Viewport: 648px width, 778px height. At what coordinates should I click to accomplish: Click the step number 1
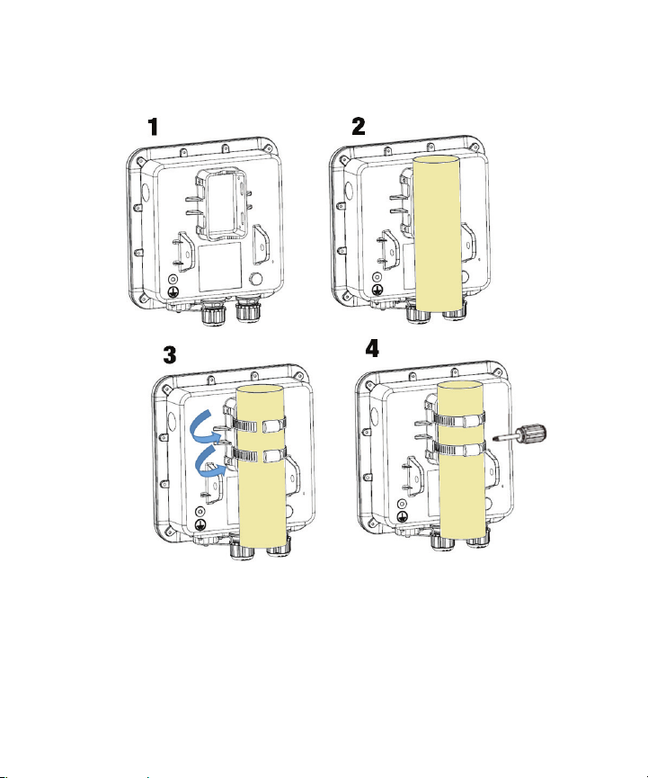153,127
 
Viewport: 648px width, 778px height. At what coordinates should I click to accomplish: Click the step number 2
359,126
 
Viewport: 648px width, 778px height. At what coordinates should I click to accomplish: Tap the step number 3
170,354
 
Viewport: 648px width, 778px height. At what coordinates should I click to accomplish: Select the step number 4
372,348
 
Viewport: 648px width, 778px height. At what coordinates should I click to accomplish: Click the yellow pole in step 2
437,233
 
